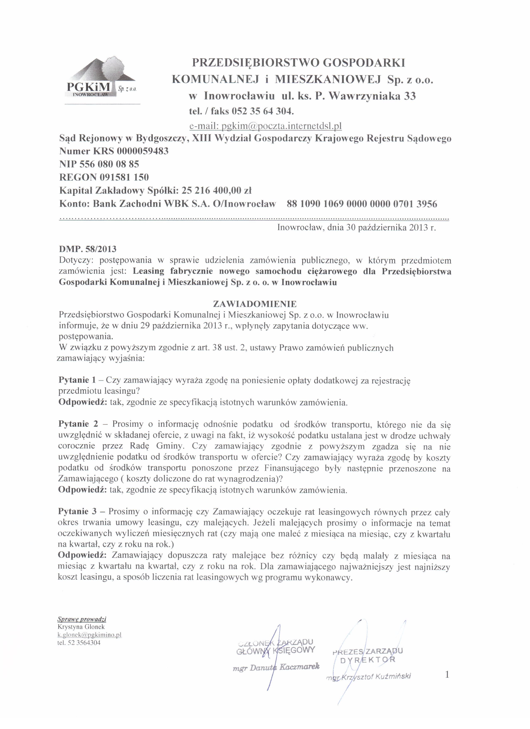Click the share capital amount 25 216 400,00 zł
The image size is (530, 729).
(x=216, y=191)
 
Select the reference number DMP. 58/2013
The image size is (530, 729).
(x=88, y=249)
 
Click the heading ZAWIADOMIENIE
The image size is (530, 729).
(x=255, y=304)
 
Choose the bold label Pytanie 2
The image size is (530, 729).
(x=78, y=424)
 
